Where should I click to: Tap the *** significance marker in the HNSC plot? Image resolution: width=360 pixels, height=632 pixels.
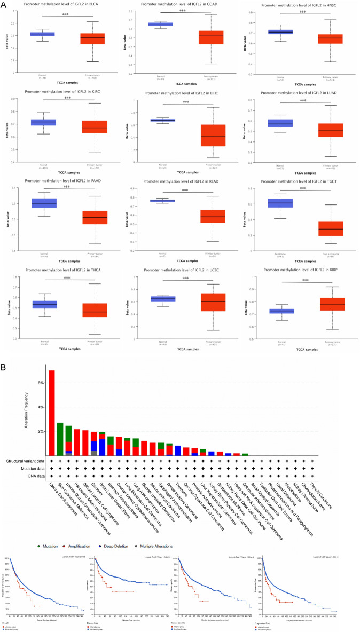click(x=303, y=12)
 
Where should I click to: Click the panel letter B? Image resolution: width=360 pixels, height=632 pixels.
click(x=4, y=368)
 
